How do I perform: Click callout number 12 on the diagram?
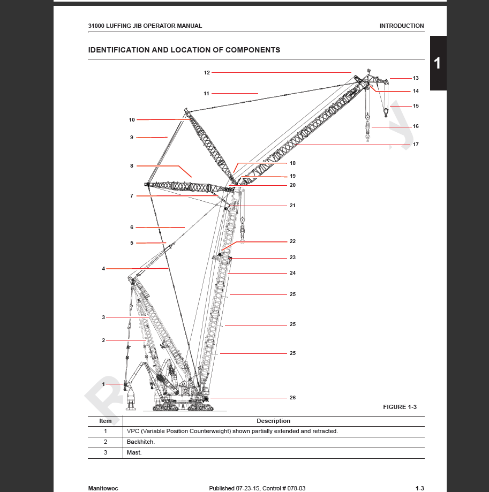tap(207, 72)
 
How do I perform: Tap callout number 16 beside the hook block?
tap(416, 127)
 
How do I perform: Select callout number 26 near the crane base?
tap(292, 398)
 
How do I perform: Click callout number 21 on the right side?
tap(292, 206)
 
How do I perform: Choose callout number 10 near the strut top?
tap(132, 120)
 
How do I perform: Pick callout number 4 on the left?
tap(103, 269)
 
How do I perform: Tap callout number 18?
tap(292, 163)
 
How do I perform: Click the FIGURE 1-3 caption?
tap(400, 407)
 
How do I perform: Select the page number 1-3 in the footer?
tap(420, 488)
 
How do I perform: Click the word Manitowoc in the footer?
tap(103, 488)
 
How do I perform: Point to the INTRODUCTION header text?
tap(401, 26)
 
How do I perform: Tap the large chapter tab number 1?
tap(438, 63)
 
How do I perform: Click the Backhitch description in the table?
tap(141, 442)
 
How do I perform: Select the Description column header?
tap(273, 421)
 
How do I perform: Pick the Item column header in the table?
tap(106, 421)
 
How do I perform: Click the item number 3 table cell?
tap(106, 453)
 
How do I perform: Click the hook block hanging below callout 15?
tap(386, 112)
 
